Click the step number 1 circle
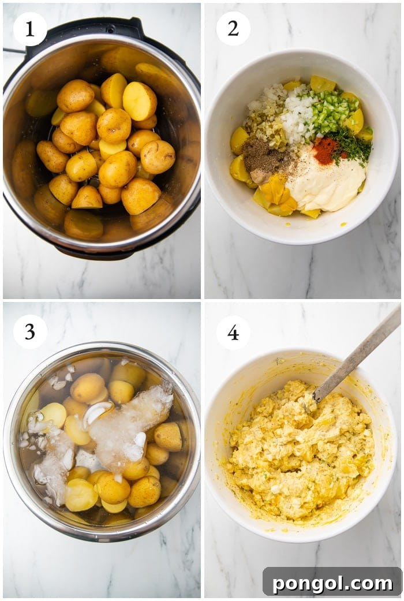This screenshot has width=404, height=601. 29,29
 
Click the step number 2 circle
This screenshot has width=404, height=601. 233,28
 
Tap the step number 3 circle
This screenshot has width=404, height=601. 29,331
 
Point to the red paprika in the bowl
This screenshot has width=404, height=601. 325,150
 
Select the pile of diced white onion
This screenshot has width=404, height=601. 298,115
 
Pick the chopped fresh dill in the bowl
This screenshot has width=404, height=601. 351,144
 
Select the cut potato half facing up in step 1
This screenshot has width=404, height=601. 140,101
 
